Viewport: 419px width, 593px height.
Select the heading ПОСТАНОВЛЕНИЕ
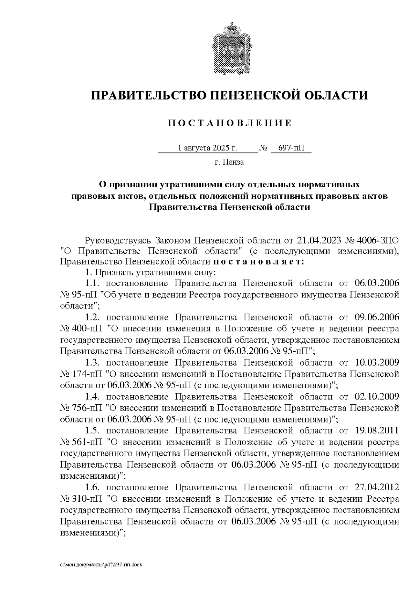tap(229, 123)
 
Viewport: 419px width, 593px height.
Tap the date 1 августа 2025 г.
tap(207, 148)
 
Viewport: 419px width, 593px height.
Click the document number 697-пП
tap(291, 148)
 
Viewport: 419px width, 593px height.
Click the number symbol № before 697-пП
tap(263, 148)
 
